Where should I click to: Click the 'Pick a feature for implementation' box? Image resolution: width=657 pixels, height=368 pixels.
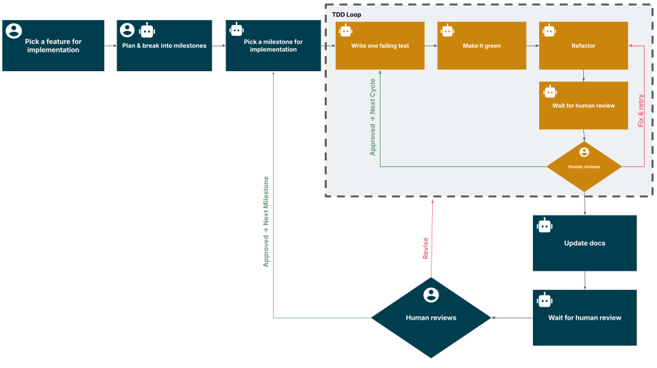(53, 46)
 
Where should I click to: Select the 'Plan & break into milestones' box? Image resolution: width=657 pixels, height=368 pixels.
(164, 46)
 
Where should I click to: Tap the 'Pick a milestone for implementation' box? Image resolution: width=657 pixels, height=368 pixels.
(273, 46)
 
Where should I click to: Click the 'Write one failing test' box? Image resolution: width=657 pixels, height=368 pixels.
(379, 46)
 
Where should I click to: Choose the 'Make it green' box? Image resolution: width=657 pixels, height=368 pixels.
(481, 46)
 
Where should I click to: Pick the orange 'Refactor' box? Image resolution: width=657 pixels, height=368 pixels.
(583, 46)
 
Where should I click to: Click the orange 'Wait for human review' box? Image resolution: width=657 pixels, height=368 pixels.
(583, 106)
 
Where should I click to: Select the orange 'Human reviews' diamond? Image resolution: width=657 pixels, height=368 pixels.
(584, 166)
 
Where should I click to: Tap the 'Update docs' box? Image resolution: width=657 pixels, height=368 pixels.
(585, 243)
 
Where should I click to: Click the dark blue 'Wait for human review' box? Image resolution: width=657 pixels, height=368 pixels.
(585, 318)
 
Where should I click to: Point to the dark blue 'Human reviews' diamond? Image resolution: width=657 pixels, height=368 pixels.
(431, 318)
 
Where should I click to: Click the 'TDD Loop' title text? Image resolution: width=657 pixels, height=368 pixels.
(346, 14)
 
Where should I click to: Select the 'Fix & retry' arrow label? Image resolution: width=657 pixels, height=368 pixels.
(640, 110)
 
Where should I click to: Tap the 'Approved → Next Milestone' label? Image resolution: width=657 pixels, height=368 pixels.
(266, 222)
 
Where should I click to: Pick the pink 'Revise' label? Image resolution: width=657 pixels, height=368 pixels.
(425, 249)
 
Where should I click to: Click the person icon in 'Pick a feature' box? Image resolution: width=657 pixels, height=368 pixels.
(13, 30)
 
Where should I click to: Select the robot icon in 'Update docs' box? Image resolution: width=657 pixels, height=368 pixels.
(545, 225)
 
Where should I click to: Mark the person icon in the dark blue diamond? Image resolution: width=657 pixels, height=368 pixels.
(431, 295)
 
